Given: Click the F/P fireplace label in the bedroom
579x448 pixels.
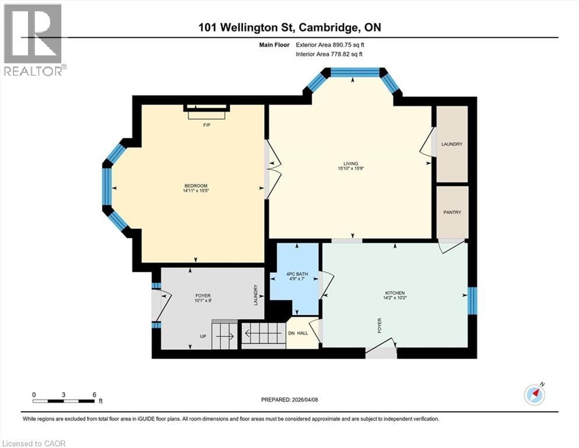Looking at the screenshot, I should coord(206,125).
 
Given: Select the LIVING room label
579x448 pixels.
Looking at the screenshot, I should coord(350,163).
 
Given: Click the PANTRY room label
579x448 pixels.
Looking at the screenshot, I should coord(452,212).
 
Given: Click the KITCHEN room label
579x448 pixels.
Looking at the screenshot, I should coord(395,293).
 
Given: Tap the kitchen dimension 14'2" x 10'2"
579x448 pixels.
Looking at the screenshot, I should coord(395,299).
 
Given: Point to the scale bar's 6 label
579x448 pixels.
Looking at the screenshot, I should coord(94,394).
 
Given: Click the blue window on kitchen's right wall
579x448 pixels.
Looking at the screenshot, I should coord(473,297).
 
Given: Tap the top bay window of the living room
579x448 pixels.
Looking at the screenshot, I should coord(355,72).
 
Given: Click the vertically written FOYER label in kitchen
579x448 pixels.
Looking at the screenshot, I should coord(379,325).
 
